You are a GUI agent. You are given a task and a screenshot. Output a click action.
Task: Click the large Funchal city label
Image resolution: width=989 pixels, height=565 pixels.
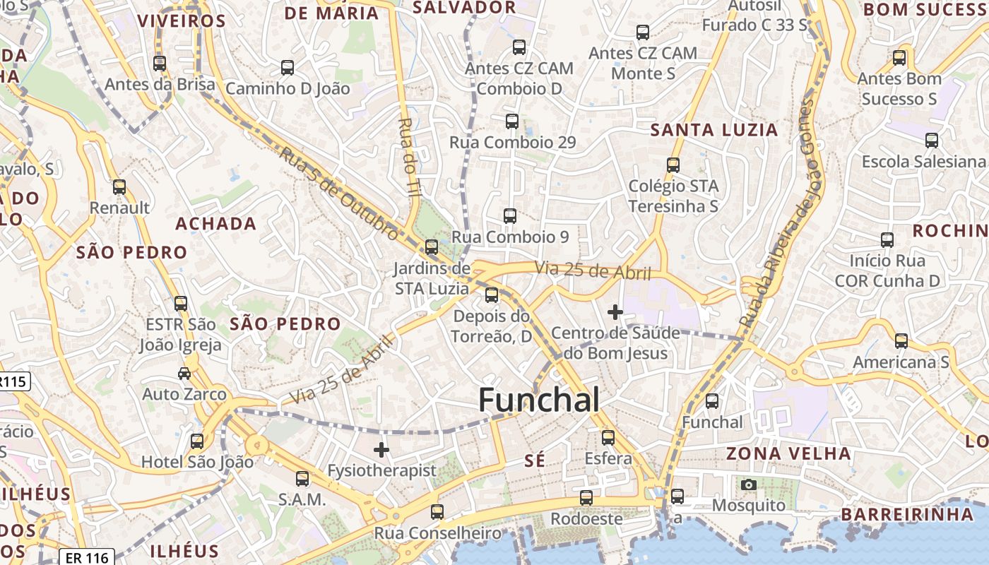[539, 400]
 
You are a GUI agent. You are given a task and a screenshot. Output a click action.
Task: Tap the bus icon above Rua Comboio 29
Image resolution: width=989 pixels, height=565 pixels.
[512, 121]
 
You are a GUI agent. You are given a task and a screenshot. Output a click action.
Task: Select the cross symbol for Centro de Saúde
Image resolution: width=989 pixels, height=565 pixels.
[615, 311]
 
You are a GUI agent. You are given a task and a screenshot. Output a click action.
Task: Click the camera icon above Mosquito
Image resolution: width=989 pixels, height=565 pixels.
[749, 484]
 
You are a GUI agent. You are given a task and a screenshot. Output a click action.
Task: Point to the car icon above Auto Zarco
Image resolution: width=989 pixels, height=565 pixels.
[184, 373]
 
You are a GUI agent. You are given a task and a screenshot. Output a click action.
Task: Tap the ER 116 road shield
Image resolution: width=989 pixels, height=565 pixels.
[87, 558]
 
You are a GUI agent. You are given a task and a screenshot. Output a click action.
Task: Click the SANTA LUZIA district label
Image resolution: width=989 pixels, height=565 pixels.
[713, 130]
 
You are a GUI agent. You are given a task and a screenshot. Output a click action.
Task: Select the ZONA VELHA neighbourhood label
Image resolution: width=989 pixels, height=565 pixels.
[788, 453]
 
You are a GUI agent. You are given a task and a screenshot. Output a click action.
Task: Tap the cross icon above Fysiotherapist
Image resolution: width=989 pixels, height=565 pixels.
[381, 449]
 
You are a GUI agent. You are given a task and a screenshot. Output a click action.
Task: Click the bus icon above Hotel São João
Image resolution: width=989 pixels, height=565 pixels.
[197, 441]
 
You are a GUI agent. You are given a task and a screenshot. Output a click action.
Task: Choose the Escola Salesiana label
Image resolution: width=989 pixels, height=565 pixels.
[923, 162]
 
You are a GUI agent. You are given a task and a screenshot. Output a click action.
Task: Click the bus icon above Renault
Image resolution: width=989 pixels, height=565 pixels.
[119, 187]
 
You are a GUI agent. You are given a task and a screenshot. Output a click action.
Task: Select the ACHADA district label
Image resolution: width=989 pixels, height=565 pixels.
[215, 224]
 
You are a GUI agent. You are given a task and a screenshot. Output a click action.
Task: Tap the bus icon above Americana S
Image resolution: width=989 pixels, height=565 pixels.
[901, 341]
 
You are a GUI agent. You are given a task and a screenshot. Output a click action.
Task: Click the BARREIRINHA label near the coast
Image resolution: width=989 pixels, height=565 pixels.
[906, 514]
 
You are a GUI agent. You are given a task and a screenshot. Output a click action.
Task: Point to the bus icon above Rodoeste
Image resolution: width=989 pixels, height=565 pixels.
[586, 498]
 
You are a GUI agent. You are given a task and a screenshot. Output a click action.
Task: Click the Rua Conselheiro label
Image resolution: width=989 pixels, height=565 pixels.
[437, 533]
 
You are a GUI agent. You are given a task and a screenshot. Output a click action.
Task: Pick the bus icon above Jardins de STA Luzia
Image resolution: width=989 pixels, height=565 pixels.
[432, 247]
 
